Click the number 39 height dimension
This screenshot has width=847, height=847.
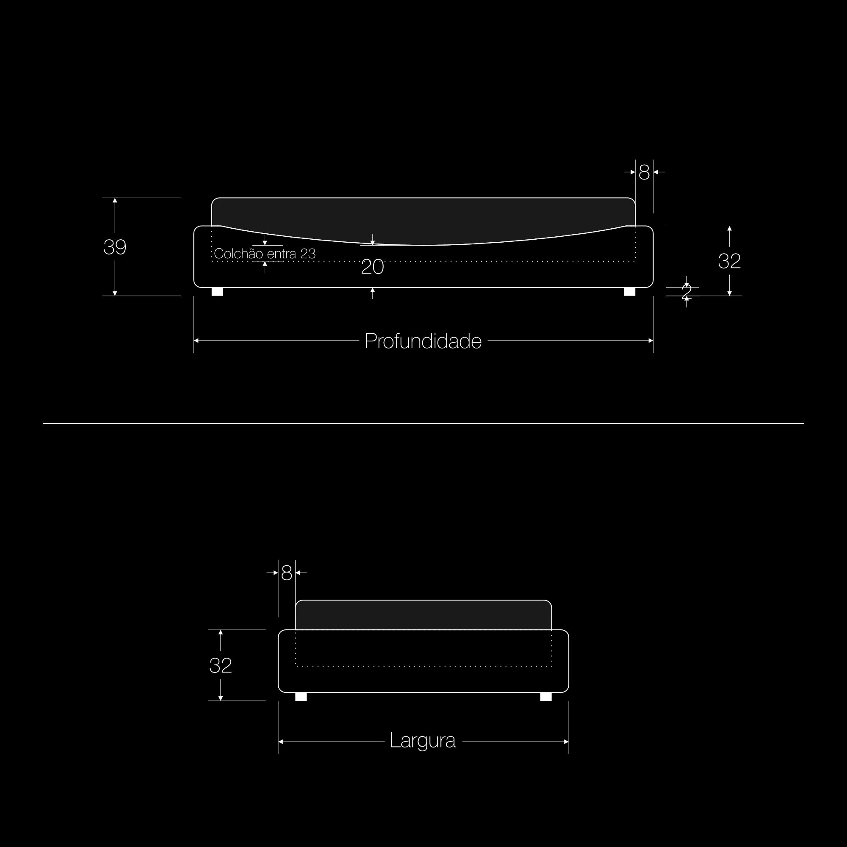(x=115, y=247)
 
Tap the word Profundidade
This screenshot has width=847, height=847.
(x=423, y=341)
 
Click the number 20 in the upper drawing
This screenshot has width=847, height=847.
(x=373, y=267)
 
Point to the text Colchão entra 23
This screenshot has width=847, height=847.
(x=265, y=253)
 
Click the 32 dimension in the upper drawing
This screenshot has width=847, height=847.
(x=729, y=261)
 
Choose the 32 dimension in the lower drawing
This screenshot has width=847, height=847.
(x=221, y=665)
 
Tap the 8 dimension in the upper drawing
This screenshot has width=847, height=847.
(x=644, y=173)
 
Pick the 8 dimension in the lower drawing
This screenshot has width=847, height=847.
(x=286, y=573)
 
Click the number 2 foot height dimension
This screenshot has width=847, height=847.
(x=686, y=291)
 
